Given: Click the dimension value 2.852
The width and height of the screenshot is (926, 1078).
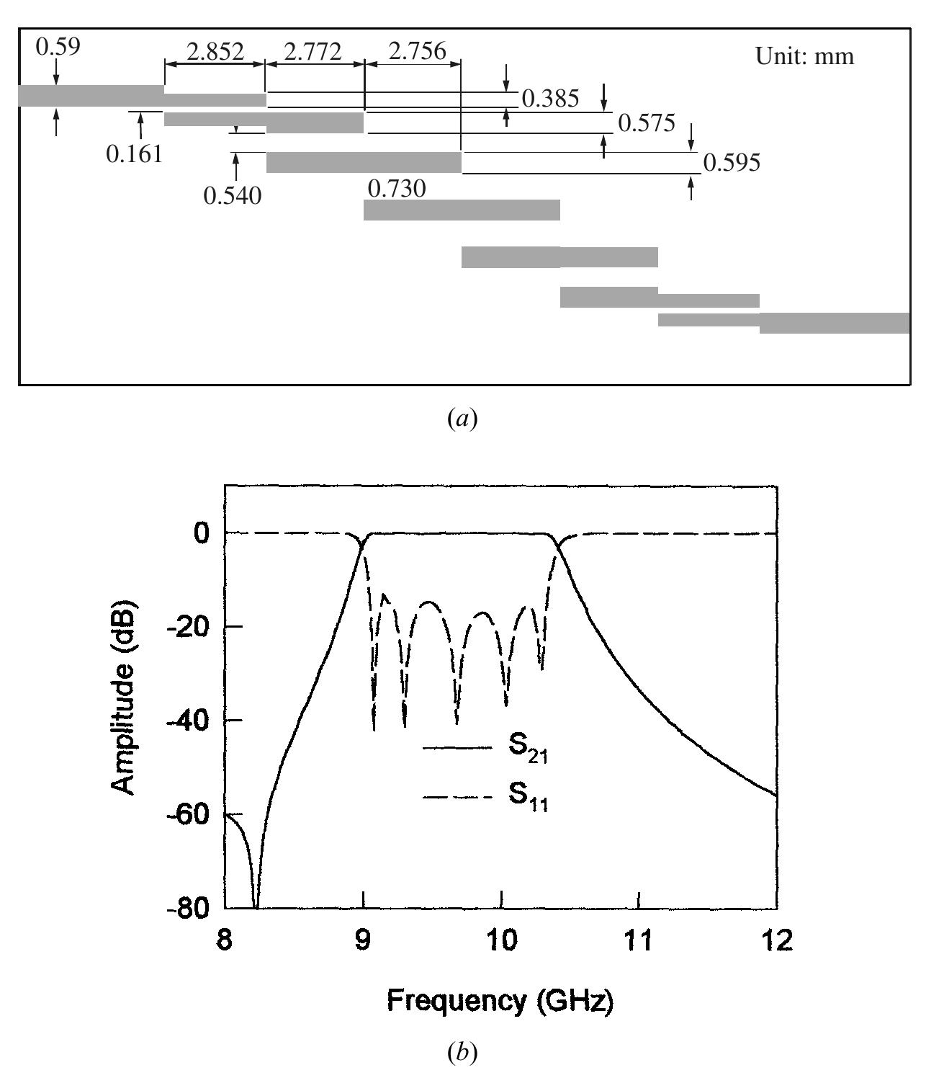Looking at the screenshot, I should (x=215, y=52).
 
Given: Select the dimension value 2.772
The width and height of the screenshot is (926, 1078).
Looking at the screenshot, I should (x=313, y=52).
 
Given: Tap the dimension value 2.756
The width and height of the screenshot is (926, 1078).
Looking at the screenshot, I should (x=417, y=52).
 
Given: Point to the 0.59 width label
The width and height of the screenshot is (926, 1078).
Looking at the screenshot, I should (x=58, y=47).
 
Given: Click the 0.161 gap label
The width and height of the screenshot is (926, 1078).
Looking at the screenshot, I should (x=134, y=153).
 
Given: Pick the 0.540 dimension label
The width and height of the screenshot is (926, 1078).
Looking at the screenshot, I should (x=233, y=195).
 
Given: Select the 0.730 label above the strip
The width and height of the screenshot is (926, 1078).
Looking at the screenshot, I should (x=397, y=189).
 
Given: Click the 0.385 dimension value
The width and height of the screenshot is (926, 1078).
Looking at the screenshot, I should (x=550, y=99).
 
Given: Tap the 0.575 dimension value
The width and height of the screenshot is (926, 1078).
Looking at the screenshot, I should (x=647, y=123).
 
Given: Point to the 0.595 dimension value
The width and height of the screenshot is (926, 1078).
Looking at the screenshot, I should (x=732, y=163).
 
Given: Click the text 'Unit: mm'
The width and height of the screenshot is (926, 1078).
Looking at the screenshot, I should (x=804, y=56).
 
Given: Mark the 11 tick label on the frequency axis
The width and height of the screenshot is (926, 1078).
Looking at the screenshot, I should (x=639, y=940).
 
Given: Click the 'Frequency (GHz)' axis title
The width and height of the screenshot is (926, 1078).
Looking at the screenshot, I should (x=500, y=1000).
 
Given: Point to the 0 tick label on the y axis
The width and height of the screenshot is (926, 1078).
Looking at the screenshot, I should (x=200, y=533).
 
